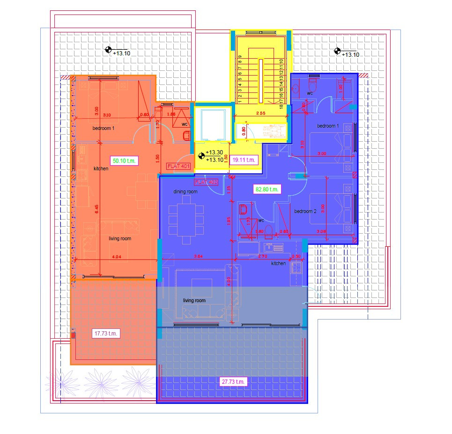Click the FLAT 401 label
(x=178, y=166)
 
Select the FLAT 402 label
(x=206, y=182)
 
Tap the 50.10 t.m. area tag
(x=124, y=161)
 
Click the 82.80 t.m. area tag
(x=267, y=190)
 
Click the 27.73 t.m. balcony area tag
(x=233, y=382)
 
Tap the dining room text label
(x=185, y=192)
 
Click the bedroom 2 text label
(x=305, y=212)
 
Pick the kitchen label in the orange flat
(x=101, y=169)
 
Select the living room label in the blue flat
(x=194, y=301)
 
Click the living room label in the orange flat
(x=120, y=239)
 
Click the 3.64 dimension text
(x=198, y=257)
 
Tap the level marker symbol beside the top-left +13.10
(x=108, y=49)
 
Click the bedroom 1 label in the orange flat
(x=103, y=128)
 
